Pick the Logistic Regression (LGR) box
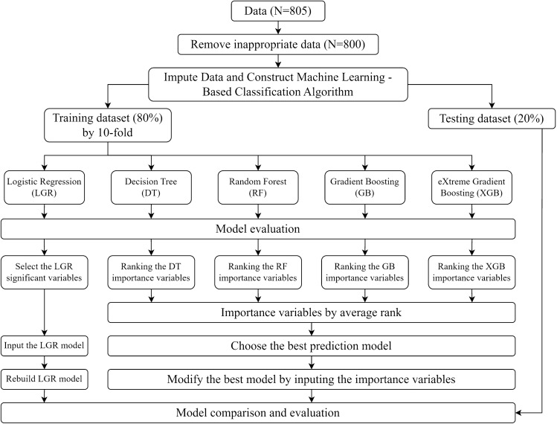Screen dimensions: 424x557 pos(45,186)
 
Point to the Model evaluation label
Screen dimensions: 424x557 pos(257,228)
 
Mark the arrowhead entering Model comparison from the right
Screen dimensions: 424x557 pos(519,411)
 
